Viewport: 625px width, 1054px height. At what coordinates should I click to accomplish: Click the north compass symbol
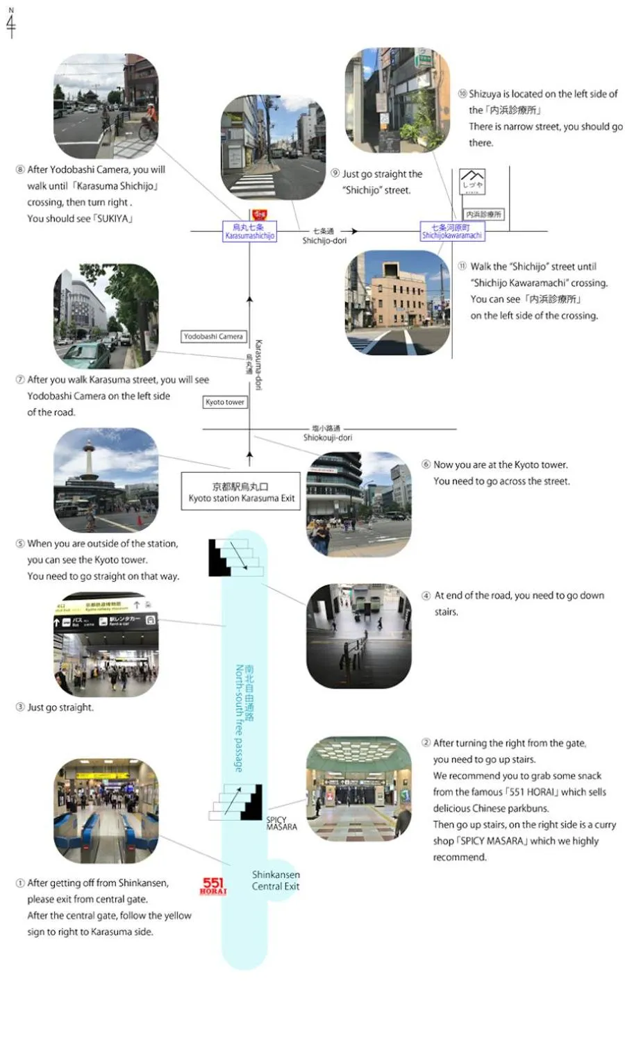(10, 22)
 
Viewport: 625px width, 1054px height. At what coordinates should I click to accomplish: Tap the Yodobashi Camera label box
(213, 337)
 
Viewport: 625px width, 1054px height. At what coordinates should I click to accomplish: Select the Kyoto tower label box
(225, 402)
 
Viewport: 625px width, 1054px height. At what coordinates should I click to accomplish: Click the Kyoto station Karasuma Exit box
(241, 492)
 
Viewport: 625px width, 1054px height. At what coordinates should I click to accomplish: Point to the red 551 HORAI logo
(213, 886)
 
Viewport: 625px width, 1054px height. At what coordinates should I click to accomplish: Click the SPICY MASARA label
(281, 823)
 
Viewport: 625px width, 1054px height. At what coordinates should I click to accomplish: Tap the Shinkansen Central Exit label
(276, 880)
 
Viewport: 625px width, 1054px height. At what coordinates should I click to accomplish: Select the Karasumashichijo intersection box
(249, 232)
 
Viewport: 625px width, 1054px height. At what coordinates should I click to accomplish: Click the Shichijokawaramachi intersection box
(452, 232)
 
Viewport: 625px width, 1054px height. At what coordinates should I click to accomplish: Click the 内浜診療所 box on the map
(483, 215)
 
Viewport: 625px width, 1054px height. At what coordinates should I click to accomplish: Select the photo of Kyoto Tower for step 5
(106, 480)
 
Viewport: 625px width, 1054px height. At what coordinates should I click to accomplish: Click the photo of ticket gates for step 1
(106, 810)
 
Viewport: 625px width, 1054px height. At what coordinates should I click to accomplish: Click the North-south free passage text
(239, 718)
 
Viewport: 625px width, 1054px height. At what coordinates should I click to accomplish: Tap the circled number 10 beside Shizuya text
(462, 94)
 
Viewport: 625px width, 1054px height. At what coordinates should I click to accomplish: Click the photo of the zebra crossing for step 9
(273, 148)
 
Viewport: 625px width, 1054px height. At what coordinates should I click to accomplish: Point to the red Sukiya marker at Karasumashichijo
(259, 215)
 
